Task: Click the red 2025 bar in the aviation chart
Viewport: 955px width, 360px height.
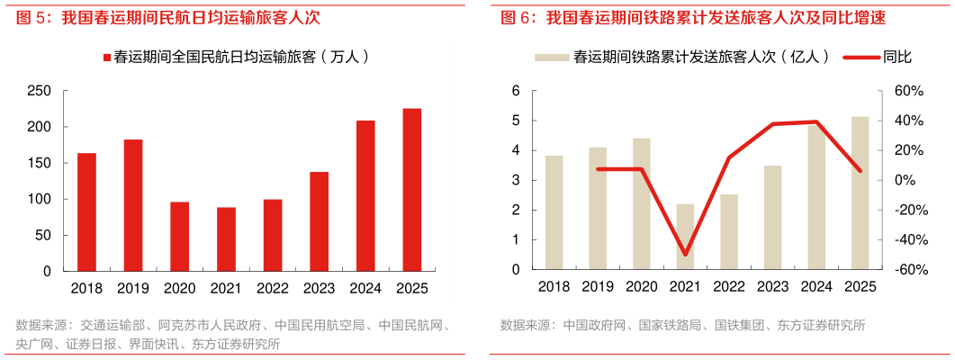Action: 411,189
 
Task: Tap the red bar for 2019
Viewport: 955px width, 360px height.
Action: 132,204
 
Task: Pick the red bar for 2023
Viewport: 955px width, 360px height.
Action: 319,220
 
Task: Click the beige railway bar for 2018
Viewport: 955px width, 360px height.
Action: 554,212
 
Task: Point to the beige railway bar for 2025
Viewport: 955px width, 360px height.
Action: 860,193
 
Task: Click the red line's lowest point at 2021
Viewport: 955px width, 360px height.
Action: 685,255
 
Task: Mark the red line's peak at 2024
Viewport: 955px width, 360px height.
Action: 816,121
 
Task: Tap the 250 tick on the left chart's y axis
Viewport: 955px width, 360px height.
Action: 39,91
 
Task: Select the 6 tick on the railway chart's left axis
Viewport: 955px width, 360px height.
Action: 516,91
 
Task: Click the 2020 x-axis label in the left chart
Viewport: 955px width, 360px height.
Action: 180,287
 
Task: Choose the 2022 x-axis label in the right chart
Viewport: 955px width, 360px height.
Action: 729,287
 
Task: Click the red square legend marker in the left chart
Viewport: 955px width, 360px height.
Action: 106,57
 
